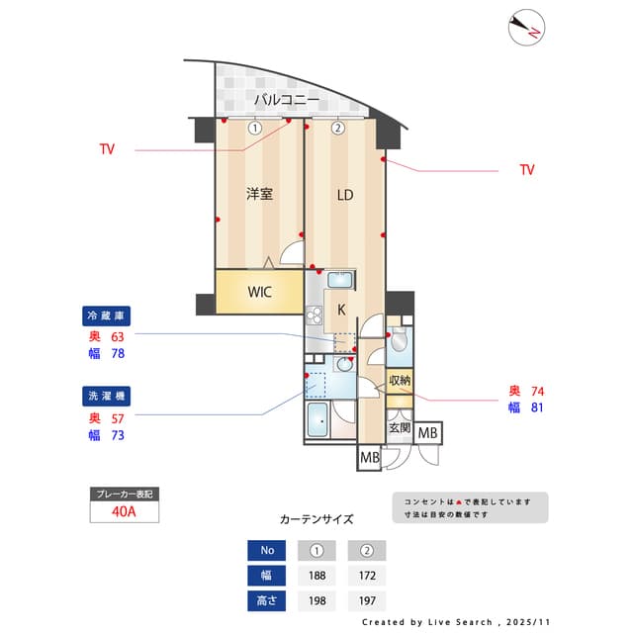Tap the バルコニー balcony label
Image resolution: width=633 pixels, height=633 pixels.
[286, 100]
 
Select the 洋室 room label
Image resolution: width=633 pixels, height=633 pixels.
[259, 194]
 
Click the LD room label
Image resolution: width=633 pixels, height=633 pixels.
[344, 195]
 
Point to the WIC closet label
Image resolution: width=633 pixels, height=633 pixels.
[259, 292]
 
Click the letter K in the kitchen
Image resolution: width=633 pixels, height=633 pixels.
[341, 310]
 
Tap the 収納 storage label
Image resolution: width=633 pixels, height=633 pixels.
[400, 380]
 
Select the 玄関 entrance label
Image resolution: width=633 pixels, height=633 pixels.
[399, 428]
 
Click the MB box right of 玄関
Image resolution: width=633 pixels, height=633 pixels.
[428, 433]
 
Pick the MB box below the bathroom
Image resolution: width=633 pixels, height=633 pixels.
[369, 458]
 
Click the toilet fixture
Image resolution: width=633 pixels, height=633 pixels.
[399, 339]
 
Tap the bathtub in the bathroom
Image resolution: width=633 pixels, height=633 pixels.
[319, 420]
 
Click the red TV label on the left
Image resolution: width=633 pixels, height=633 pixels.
[107, 150]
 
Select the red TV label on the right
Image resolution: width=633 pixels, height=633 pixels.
[527, 170]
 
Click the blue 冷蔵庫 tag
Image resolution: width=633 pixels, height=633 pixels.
[107, 316]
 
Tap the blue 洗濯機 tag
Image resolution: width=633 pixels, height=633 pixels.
[107, 396]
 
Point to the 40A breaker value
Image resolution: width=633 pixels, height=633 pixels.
[125, 511]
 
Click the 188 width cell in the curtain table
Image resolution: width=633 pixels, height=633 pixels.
[318, 576]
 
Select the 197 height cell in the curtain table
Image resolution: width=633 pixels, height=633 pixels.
[367, 600]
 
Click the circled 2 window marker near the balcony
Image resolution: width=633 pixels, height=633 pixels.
[338, 128]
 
